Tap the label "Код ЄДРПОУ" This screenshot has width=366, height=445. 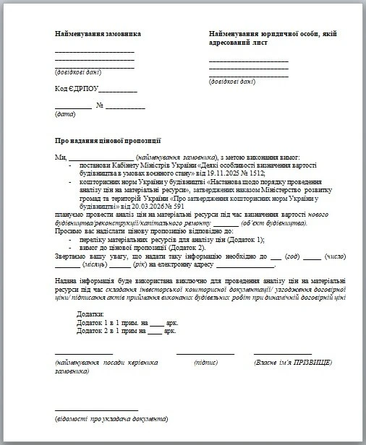[76, 89]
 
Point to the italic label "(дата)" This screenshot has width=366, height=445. [64, 115]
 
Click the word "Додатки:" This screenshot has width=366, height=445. [90, 314]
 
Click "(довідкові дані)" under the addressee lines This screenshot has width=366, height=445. [232, 82]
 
